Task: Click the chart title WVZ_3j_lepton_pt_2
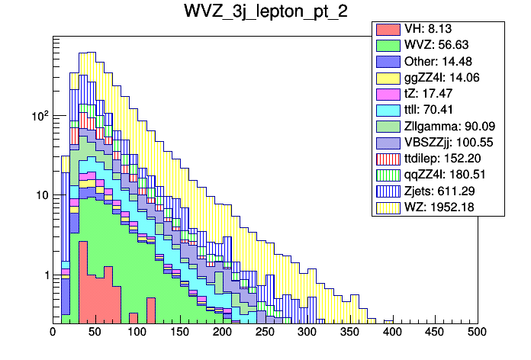click(265, 12)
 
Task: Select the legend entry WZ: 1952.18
click(438, 207)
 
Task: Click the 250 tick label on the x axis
click(265, 332)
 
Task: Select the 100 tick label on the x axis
click(137, 332)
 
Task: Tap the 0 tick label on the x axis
click(53, 332)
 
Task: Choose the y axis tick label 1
click(44, 275)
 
